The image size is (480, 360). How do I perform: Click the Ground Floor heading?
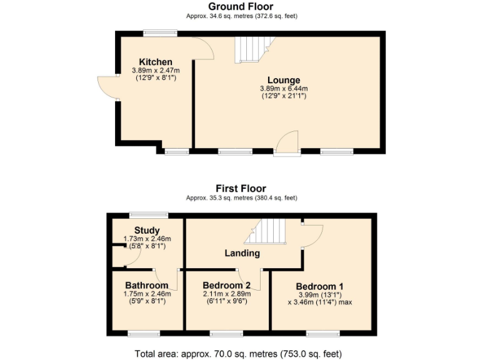[241, 6]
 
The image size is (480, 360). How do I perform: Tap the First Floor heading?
[241, 188]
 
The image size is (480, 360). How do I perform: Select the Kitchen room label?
[156, 62]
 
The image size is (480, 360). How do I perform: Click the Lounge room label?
[284, 80]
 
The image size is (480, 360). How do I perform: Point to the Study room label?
[147, 230]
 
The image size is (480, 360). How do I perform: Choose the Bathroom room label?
[147, 286]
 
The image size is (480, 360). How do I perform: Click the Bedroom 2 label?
[226, 286]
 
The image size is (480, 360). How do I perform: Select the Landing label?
[242, 253]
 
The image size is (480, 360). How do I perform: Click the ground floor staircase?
[253, 48]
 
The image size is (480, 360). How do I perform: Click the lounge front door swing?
[287, 141]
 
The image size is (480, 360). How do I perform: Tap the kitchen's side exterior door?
[107, 87]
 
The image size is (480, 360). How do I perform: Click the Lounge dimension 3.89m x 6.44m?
[284, 89]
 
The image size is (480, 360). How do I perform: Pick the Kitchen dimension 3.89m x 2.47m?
[156, 71]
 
